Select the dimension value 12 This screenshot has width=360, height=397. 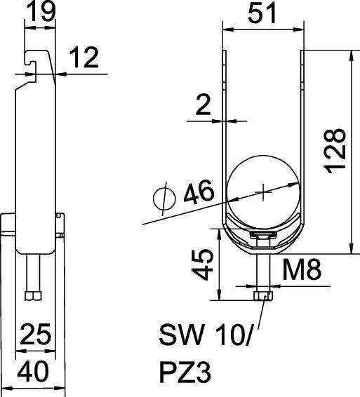click(x=84, y=60)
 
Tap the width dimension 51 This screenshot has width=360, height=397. click(x=263, y=13)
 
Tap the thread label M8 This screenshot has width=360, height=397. click(x=307, y=270)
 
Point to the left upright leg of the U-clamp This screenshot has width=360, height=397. click(x=225, y=126)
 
